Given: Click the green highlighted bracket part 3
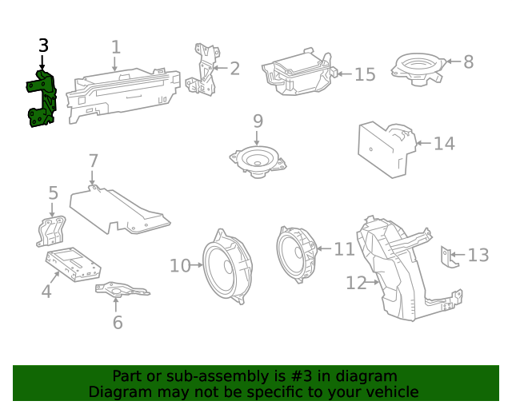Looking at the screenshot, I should (x=42, y=100).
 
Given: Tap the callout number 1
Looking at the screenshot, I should (x=115, y=47).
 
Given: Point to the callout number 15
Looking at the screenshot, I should (x=365, y=74).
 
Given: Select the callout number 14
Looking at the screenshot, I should (x=444, y=144).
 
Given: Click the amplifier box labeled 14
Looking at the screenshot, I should (x=384, y=148).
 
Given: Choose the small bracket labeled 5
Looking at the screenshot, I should (x=51, y=230).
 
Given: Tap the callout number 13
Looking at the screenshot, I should (x=478, y=256).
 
